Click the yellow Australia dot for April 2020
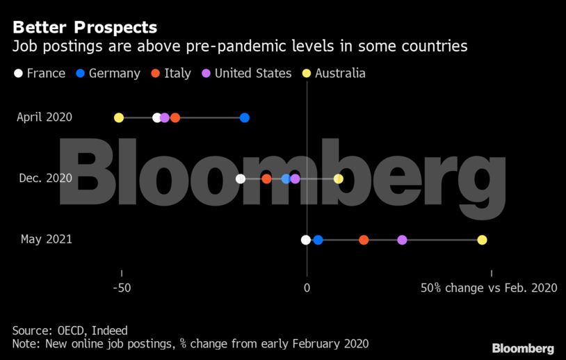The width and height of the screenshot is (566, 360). (x=119, y=117)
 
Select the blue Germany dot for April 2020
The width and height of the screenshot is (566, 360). (x=245, y=117)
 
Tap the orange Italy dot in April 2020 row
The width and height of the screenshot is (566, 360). (x=175, y=117)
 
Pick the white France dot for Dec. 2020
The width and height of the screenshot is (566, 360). (x=241, y=179)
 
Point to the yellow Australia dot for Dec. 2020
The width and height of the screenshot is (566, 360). (x=339, y=179)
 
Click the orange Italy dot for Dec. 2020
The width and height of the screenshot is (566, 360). (x=266, y=179)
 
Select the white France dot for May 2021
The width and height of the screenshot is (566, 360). (x=306, y=240)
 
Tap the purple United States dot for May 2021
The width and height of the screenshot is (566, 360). (x=402, y=240)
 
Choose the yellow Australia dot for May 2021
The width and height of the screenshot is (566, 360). (x=482, y=240)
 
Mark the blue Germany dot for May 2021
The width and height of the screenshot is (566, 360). (x=318, y=240)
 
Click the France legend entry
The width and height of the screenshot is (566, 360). (x=40, y=73)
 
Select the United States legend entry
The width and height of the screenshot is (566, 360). (x=246, y=73)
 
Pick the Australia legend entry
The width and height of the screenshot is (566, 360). (x=334, y=73)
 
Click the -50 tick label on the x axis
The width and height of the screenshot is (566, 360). (x=122, y=287)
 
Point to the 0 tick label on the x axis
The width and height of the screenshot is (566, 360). (x=307, y=287)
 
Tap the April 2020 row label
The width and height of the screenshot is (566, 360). (x=45, y=117)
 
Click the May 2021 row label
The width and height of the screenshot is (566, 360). (x=47, y=240)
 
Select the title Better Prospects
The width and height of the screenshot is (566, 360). (x=85, y=28)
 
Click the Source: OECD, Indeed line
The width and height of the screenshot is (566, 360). (x=70, y=331)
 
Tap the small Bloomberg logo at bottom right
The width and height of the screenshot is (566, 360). (x=523, y=348)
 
